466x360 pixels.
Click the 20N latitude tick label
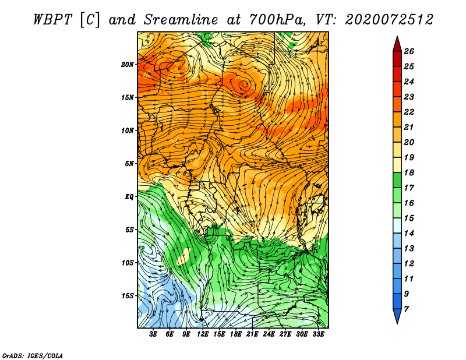(128, 64)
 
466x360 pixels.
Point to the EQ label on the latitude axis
(129, 196)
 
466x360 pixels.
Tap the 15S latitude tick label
(128, 296)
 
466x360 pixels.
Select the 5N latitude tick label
(129, 164)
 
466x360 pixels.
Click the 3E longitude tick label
(153, 334)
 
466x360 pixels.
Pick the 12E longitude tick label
(202, 334)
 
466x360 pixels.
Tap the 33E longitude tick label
(318, 334)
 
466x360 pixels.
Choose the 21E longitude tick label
(252, 334)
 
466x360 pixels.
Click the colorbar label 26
(409, 51)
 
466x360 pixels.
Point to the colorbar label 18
(409, 172)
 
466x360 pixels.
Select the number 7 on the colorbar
(406, 309)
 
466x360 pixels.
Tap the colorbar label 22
(409, 112)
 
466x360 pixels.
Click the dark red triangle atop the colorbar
(397, 45)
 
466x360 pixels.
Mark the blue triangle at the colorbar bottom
(397, 316)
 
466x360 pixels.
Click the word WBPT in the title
(53, 20)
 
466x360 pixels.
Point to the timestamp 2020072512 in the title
(389, 20)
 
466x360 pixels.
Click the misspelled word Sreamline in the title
(181, 20)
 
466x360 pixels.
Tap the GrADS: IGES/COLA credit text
(33, 356)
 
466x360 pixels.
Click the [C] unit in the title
(90, 20)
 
